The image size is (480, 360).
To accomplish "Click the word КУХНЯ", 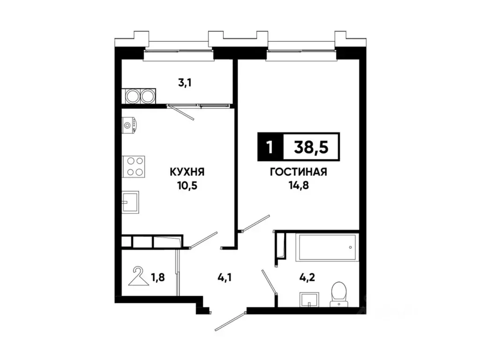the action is (x=187, y=172).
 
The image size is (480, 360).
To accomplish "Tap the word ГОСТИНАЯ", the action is (x=299, y=172).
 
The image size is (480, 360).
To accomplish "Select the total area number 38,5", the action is (x=311, y=147).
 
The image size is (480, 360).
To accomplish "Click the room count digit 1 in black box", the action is (x=270, y=147).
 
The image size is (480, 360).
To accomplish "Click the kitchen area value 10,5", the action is (x=187, y=185).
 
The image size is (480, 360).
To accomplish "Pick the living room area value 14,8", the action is (x=299, y=185).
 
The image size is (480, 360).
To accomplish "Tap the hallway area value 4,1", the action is (x=224, y=277).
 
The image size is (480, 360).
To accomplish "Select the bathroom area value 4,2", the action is (x=307, y=277).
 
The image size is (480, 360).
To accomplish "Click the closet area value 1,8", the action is (x=158, y=277).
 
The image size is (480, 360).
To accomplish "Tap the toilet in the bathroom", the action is (x=339, y=294).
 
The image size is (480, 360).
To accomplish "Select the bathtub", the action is (x=327, y=247).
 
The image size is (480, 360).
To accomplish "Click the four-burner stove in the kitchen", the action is (x=134, y=166).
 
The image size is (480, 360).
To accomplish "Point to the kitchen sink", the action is (x=130, y=202).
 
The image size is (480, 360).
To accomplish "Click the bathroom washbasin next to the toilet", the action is (x=309, y=300).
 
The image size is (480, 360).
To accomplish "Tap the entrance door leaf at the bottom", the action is (x=230, y=321).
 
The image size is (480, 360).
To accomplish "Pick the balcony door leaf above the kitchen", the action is (x=180, y=112).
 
